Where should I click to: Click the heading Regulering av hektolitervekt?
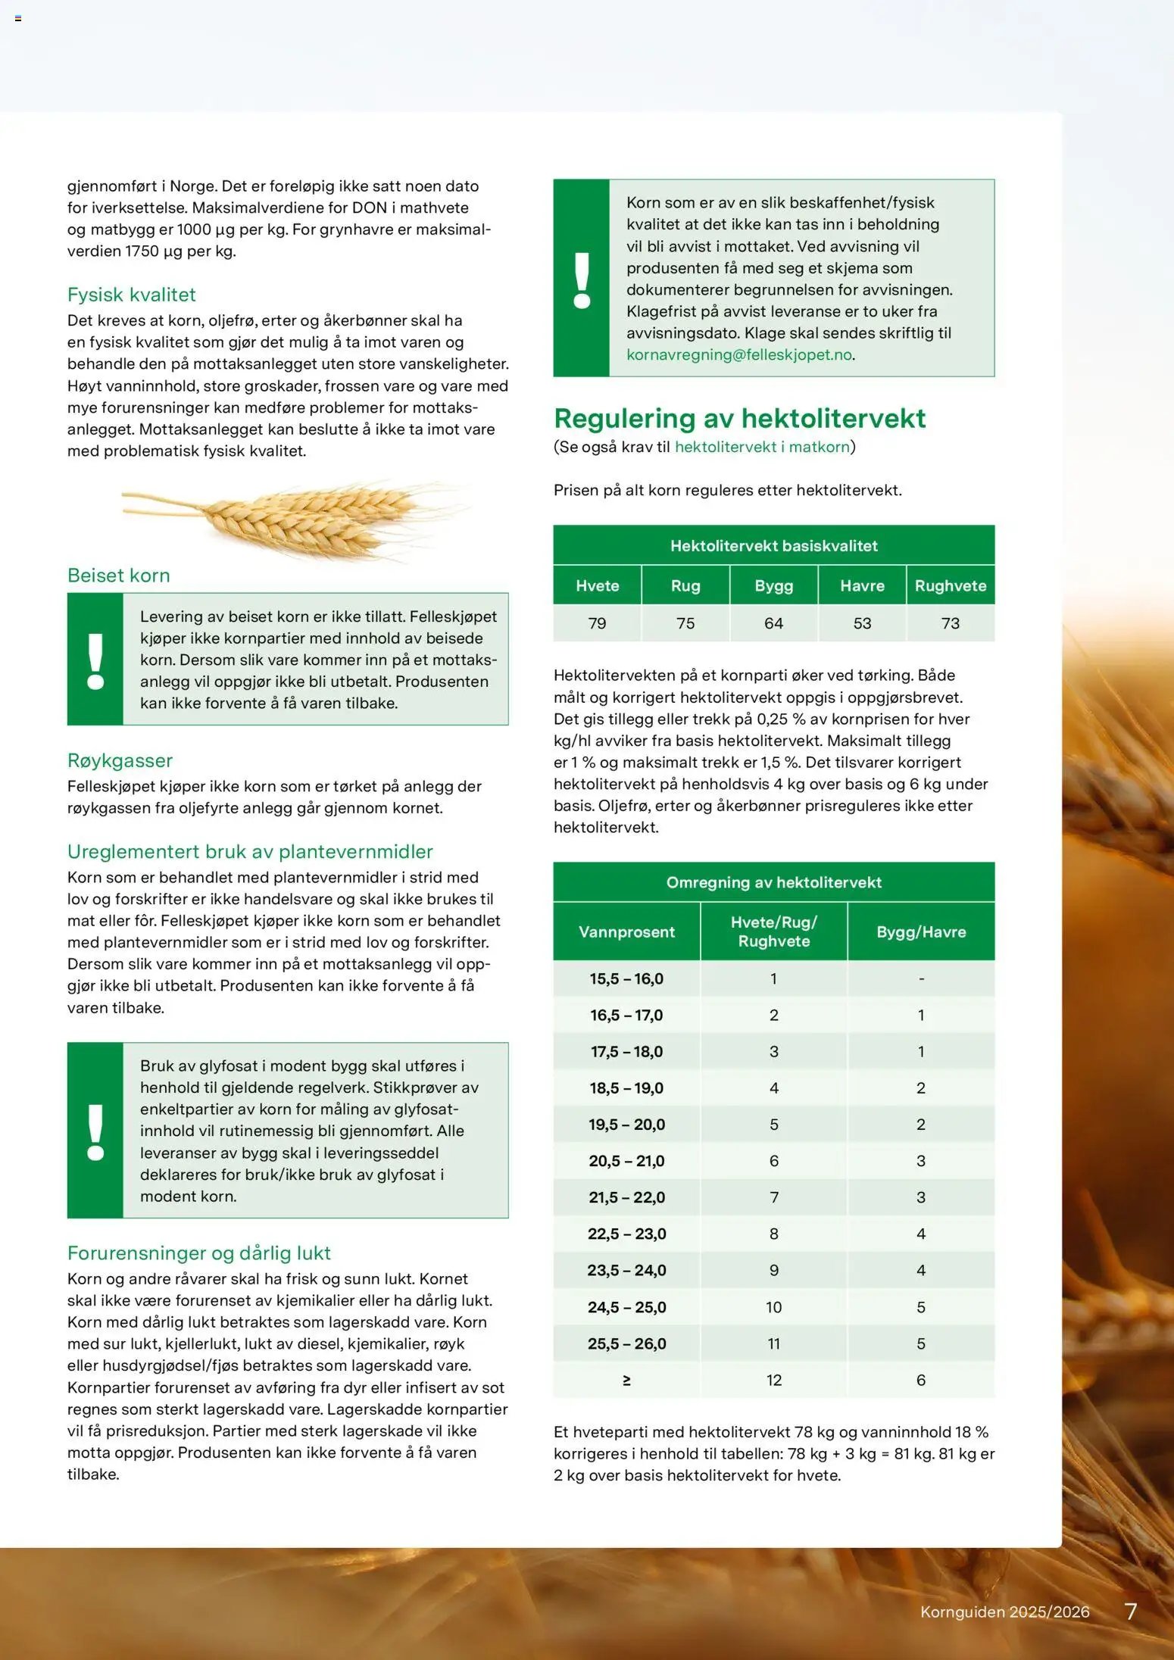739,419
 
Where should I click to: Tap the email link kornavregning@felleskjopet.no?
739,355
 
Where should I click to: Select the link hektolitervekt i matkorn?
762,447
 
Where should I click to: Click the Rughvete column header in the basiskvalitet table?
950,585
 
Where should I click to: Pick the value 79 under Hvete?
597,623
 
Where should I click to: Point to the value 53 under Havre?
862,623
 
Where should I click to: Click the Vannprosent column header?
626,932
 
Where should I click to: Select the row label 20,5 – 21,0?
626,1161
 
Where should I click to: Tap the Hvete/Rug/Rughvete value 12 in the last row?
773,1381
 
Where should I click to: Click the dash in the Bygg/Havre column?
921,979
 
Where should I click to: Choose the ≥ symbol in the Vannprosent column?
626,1381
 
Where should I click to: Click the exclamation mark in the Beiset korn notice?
95,660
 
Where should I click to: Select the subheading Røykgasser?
120,760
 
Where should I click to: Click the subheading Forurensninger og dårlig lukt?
198,1253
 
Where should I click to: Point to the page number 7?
1131,1612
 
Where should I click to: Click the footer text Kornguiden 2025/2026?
1004,1612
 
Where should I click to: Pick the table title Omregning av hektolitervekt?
773,882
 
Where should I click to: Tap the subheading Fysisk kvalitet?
131,295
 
